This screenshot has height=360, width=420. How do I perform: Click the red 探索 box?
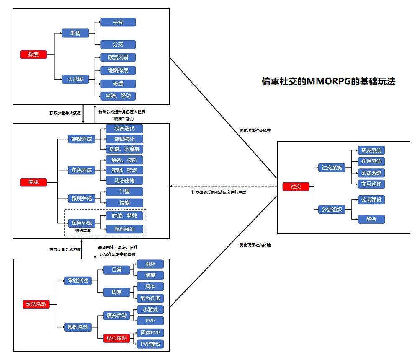(x=33, y=54)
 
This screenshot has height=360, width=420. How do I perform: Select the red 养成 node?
(x=33, y=182)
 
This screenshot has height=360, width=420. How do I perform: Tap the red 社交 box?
(x=296, y=186)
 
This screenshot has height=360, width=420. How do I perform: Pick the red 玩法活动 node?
(x=36, y=304)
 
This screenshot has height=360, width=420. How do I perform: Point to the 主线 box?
(x=118, y=22)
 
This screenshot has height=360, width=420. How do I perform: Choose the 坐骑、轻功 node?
(x=118, y=96)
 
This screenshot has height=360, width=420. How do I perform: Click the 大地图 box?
(x=75, y=79)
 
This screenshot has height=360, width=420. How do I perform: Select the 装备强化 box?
(x=124, y=139)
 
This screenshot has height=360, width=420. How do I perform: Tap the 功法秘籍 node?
(x=124, y=180)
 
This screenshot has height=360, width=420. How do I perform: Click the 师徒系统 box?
(x=371, y=173)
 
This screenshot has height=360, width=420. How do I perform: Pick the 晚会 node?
(x=371, y=219)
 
